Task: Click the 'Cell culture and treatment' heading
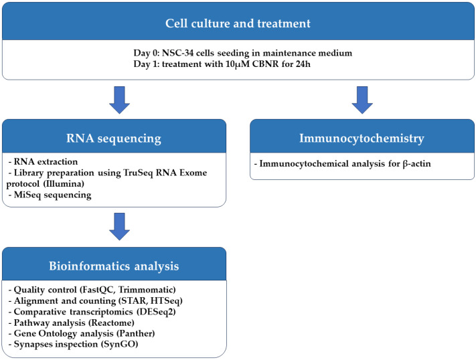(238, 22)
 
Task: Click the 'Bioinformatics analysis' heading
(114, 266)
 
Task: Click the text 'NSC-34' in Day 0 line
(186, 52)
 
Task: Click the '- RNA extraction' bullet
(42, 162)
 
